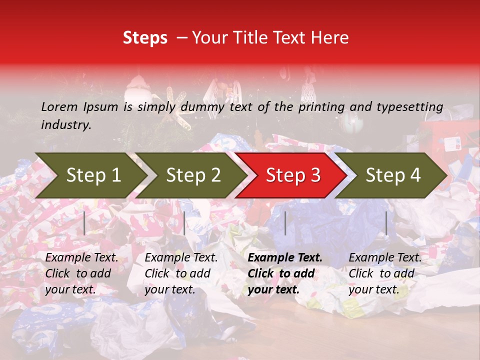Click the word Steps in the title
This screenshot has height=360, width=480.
pyautogui.click(x=145, y=38)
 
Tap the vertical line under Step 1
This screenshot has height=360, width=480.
pyautogui.click(x=84, y=223)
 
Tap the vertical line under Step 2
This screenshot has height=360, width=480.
pyautogui.click(x=184, y=223)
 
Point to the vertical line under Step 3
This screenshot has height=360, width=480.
pyautogui.click(x=285, y=223)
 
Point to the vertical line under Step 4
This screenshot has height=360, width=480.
pyautogui.click(x=386, y=223)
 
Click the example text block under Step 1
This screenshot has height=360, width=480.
pyautogui.click(x=81, y=273)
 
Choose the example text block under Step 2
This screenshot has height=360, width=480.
pyautogui.click(x=181, y=273)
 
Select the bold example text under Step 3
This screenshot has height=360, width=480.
pyautogui.click(x=285, y=273)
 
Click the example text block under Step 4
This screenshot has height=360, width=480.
pyautogui.click(x=385, y=273)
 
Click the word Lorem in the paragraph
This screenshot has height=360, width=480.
pyautogui.click(x=59, y=107)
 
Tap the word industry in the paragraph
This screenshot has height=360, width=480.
pyautogui.click(x=65, y=125)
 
